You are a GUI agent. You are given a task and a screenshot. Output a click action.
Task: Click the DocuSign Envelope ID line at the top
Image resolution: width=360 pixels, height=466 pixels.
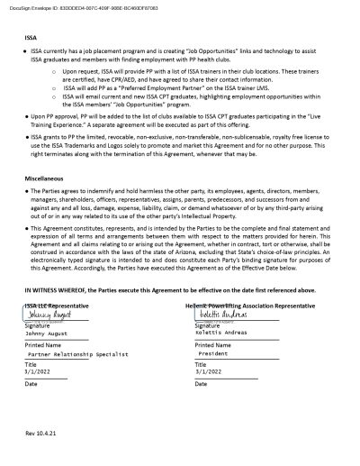pos(56,6)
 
